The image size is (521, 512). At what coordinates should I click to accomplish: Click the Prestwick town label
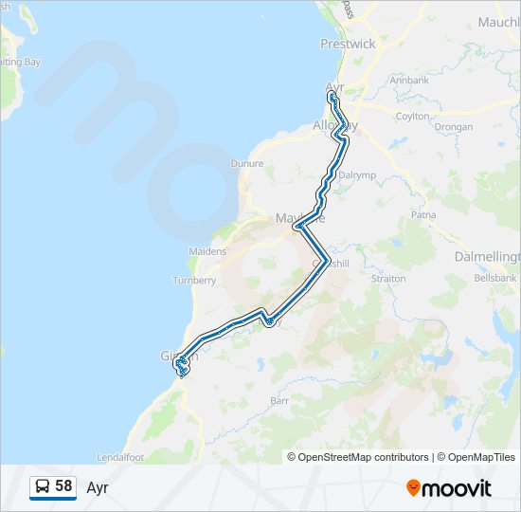(348, 44)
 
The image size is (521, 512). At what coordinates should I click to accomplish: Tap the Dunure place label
(246, 163)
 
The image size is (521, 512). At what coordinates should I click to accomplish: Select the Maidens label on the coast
(208, 251)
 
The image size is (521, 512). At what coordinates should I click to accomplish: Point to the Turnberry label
(194, 280)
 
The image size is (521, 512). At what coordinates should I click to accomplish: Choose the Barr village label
(279, 401)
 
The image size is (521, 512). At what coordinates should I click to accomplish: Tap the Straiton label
(388, 279)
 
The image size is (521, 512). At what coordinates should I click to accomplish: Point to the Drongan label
(453, 126)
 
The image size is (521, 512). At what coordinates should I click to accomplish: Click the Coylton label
(412, 116)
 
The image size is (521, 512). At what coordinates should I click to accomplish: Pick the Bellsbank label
(494, 279)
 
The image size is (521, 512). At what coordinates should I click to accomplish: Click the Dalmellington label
(490, 257)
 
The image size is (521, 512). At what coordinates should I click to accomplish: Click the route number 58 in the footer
(63, 486)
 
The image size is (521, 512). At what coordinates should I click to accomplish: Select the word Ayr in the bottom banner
(98, 487)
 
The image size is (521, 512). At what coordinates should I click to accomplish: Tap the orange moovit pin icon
(413, 487)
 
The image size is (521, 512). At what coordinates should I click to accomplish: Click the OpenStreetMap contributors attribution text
(364, 457)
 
